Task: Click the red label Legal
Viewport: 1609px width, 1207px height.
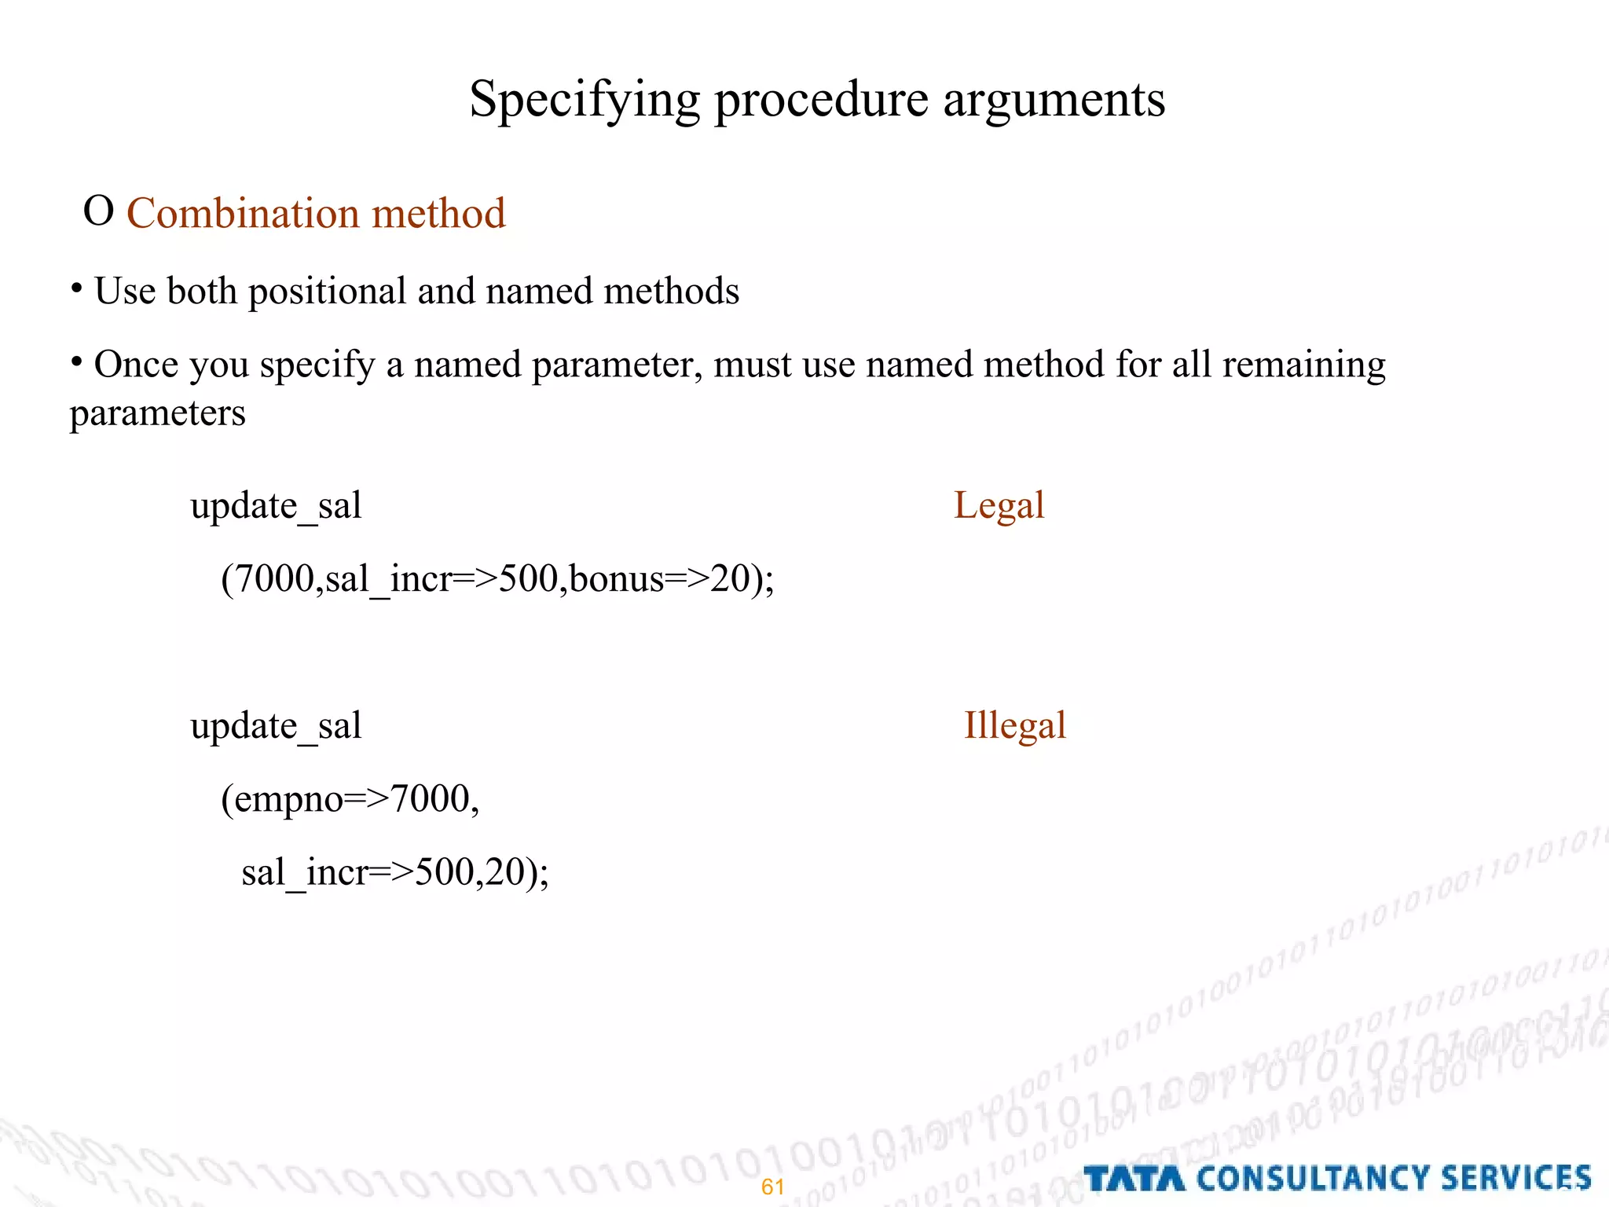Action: click(999, 505)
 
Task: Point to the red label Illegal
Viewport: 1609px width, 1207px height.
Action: click(1014, 725)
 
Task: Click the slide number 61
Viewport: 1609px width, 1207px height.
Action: click(773, 1187)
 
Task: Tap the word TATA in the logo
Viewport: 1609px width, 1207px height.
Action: click(1134, 1179)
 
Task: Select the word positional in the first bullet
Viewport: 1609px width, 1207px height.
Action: click(329, 291)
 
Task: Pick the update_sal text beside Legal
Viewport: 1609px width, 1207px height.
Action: click(276, 505)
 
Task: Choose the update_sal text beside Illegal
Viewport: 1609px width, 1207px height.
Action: click(276, 725)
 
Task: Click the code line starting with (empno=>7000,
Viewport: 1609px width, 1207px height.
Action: click(350, 799)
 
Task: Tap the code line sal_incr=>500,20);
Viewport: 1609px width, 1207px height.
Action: click(395, 872)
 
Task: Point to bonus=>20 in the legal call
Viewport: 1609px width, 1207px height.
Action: click(660, 579)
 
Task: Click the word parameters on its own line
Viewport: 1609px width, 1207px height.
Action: click(157, 413)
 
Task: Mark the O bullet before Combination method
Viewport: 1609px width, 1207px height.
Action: click(98, 211)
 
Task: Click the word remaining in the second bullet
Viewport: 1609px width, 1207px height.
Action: click(1304, 365)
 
